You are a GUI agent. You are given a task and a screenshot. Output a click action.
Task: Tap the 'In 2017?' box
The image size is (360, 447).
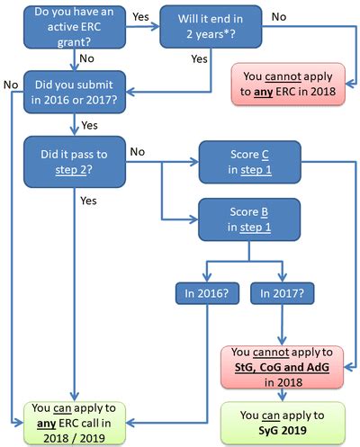click(x=281, y=291)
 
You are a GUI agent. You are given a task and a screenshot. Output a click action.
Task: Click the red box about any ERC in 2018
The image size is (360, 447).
click(x=288, y=84)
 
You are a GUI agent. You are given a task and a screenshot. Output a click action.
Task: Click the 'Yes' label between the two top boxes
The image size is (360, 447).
click(x=141, y=16)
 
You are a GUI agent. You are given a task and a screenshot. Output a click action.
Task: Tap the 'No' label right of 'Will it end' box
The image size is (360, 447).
click(x=278, y=16)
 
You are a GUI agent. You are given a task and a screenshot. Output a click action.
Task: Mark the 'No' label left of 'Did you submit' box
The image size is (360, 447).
click(x=11, y=85)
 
